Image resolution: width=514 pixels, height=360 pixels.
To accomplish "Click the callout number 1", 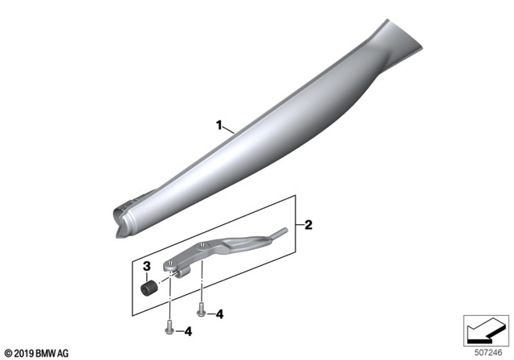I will pos(218,125).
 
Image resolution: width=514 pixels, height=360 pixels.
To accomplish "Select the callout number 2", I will pos(308,226).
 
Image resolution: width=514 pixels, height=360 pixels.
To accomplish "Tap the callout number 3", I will pos(147,266).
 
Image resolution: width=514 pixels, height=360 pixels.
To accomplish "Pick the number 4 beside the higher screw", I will pos(220,314).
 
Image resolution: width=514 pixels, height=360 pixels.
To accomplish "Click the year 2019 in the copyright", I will pos(27,352).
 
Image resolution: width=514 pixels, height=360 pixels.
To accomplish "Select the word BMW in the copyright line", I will pos(51,352).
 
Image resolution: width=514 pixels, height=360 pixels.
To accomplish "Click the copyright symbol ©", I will pos(9,352).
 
